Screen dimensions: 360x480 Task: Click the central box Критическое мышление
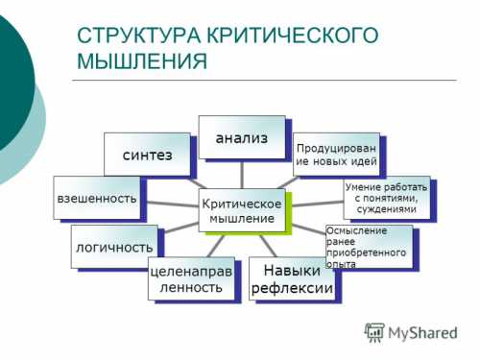(x=244, y=211)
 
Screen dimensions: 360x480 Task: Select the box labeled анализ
(x=242, y=136)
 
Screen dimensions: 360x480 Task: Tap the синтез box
(x=146, y=155)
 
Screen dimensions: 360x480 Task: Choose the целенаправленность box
(x=192, y=278)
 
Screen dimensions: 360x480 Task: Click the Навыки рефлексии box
(x=292, y=279)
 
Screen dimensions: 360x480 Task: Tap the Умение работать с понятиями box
(x=381, y=197)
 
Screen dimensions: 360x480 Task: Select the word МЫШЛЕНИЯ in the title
(x=141, y=62)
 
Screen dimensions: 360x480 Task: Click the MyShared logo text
(x=422, y=333)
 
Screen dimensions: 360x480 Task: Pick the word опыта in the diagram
(x=342, y=263)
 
